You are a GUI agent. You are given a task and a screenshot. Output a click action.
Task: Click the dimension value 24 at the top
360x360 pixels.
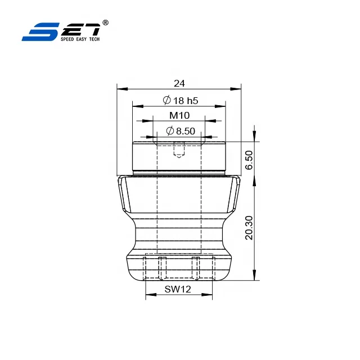click(x=179, y=83)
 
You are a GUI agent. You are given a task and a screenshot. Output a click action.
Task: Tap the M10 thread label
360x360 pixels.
click(x=179, y=115)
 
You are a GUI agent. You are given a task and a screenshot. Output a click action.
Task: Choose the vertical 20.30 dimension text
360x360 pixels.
click(x=249, y=227)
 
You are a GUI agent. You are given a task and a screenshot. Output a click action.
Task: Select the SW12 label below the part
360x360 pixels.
click(x=179, y=289)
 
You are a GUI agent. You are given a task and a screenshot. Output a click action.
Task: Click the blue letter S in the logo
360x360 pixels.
click(x=36, y=31)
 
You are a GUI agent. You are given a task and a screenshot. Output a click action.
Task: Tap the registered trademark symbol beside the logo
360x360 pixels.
click(x=106, y=22)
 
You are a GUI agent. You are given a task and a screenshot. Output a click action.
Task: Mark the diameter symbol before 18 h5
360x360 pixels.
click(x=166, y=100)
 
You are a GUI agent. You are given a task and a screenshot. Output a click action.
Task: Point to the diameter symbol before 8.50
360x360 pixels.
click(x=170, y=131)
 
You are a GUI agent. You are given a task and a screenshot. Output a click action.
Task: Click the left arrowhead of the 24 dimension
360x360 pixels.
click(x=120, y=88)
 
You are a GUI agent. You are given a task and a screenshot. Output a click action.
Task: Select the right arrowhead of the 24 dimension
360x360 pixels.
click(x=238, y=88)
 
